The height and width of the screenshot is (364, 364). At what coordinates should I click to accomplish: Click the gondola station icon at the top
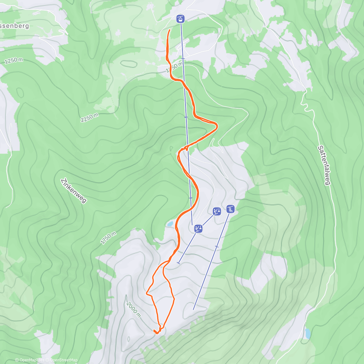tap(180, 19)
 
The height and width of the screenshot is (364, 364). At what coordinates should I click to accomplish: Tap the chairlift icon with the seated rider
tap(231, 209)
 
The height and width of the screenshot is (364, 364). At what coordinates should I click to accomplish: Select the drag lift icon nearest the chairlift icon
tap(217, 211)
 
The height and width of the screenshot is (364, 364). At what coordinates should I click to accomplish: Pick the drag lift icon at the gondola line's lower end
tap(198, 229)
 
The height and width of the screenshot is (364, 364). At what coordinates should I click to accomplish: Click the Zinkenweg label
tap(74, 190)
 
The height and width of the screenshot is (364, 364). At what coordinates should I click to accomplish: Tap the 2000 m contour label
tap(134, 310)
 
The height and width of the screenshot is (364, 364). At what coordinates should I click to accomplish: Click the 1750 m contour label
tap(108, 238)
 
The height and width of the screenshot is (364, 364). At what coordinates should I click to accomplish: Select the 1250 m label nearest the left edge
tap(14, 61)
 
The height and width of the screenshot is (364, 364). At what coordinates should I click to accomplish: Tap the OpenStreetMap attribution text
tap(64, 360)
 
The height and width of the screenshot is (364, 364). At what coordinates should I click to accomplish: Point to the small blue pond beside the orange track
tap(169, 224)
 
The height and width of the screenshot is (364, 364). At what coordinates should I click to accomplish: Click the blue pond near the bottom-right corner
tap(308, 333)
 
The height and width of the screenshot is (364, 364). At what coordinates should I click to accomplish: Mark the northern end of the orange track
tap(169, 30)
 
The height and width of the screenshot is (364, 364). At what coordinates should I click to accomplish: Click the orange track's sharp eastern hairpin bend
tap(217, 125)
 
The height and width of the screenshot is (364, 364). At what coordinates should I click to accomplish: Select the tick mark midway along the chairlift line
tap(217, 247)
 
